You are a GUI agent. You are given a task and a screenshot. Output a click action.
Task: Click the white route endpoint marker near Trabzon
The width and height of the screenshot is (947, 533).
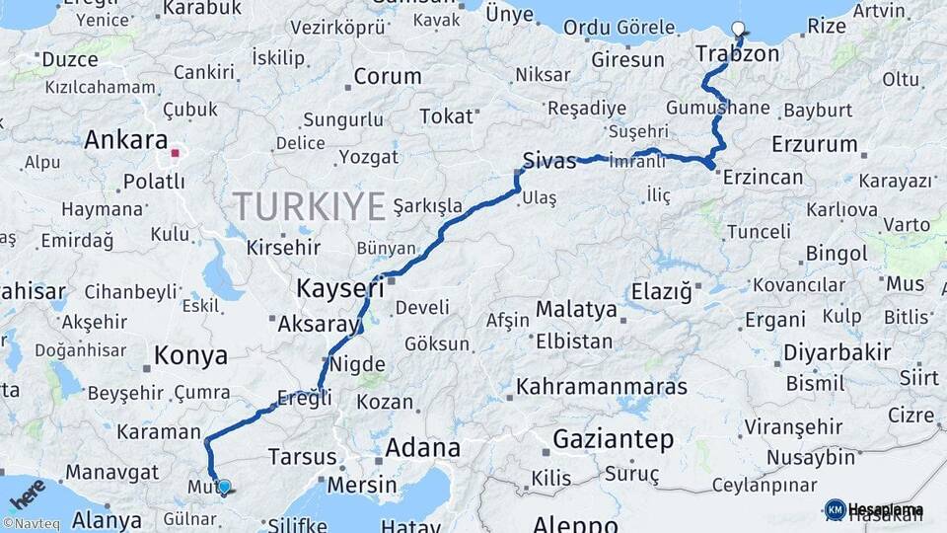point(740,28)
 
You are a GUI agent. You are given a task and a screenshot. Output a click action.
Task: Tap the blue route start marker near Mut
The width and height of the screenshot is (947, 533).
point(224,487)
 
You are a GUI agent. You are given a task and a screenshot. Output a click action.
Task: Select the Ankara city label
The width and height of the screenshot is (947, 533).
point(125,140)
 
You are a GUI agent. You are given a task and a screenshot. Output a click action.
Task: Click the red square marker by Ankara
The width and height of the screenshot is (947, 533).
point(175,153)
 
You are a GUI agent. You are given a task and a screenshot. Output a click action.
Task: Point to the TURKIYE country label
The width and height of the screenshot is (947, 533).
point(309,206)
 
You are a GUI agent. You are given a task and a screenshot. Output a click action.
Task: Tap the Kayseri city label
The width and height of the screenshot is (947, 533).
point(340,288)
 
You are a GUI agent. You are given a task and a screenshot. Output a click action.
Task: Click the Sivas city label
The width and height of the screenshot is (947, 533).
point(549,161)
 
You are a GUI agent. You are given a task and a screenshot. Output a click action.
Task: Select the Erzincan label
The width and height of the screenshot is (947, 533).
point(763,177)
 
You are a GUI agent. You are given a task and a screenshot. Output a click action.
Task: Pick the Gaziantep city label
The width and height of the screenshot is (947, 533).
point(613,439)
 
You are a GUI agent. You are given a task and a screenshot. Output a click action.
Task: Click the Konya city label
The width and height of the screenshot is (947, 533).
point(190,355)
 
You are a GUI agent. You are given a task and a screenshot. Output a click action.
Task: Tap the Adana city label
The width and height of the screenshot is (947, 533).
point(422,448)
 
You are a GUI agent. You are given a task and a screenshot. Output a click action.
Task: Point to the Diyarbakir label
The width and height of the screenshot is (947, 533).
point(837,352)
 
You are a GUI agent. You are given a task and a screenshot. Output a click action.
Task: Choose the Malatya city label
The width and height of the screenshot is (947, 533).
point(576,310)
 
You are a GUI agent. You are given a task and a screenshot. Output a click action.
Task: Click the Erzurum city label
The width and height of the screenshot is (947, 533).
point(815,144)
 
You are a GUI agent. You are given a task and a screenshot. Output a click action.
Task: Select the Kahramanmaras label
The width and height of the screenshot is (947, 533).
point(601,386)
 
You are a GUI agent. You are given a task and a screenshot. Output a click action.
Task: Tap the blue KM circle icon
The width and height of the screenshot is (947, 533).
point(835,509)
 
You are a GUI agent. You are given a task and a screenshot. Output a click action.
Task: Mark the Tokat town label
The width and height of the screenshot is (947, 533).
point(446,116)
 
